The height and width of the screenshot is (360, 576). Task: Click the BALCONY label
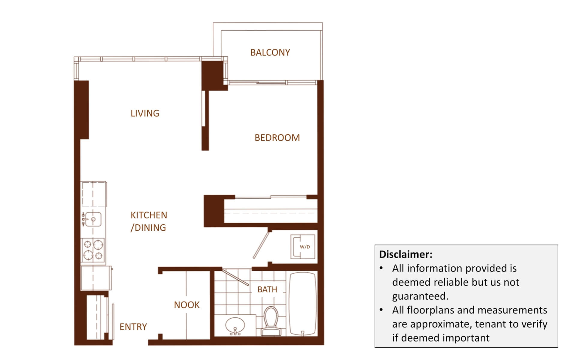[270, 52]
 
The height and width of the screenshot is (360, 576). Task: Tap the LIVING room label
[145, 113]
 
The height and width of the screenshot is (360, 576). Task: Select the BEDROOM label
[277, 138]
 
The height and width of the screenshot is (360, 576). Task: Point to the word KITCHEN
[149, 215]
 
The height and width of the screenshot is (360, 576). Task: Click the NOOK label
[187, 305]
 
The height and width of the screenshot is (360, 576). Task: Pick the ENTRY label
[133, 327]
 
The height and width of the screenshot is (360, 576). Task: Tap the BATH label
[267, 289]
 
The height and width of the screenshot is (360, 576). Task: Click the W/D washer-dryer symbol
[303, 247]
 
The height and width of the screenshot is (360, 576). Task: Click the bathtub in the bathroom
[303, 304]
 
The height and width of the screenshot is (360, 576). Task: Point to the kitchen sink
[93, 219]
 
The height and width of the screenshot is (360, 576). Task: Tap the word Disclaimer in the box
[406, 254]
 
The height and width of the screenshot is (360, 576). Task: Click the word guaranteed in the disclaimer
[420, 296]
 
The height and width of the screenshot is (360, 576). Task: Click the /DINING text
[148, 228]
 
